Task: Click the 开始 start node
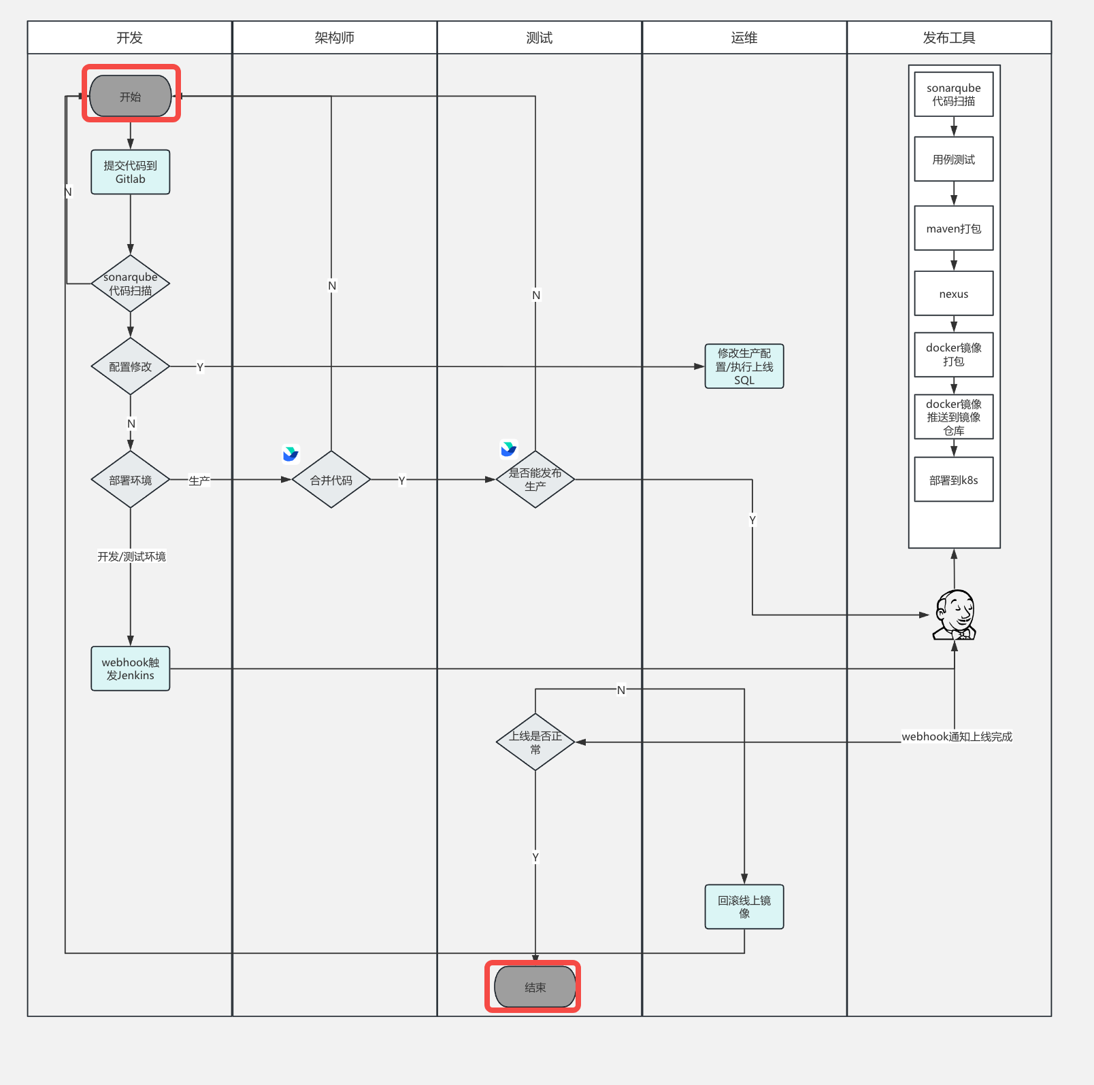tap(131, 96)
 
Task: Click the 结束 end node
tap(535, 987)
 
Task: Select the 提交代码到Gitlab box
tap(131, 172)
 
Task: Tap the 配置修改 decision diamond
tap(131, 366)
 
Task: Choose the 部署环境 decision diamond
tap(131, 480)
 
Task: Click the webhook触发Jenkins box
tap(131, 668)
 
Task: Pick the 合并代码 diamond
tap(331, 480)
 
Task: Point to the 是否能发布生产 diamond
tap(535, 480)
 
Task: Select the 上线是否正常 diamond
tap(535, 742)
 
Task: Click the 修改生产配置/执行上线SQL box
tap(744, 366)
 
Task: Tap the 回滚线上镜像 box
tap(744, 907)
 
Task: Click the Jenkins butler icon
tap(955, 615)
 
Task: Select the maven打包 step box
tap(954, 228)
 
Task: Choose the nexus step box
tap(954, 294)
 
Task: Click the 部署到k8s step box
tap(954, 480)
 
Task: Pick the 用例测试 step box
tap(954, 159)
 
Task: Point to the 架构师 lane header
tap(335, 37)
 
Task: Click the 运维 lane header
tap(744, 37)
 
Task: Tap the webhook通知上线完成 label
tap(957, 736)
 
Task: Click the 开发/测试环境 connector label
tap(131, 556)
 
